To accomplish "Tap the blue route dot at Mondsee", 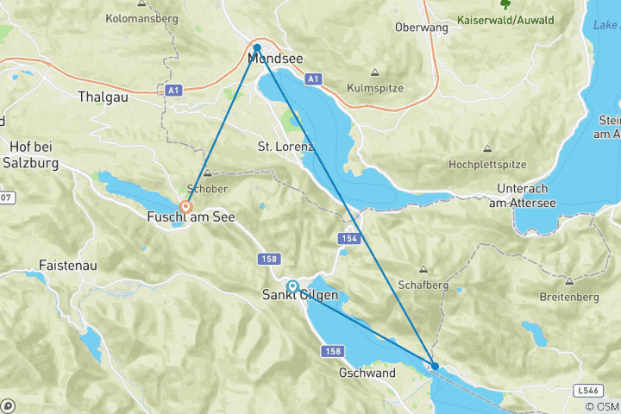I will tap(257, 48).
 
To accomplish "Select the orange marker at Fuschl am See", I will tap(185, 207).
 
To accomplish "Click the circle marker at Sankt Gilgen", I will tap(292, 286).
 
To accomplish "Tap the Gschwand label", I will tap(367, 373).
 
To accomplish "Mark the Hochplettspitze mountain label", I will tap(487, 164).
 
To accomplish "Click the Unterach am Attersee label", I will tap(522, 195).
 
